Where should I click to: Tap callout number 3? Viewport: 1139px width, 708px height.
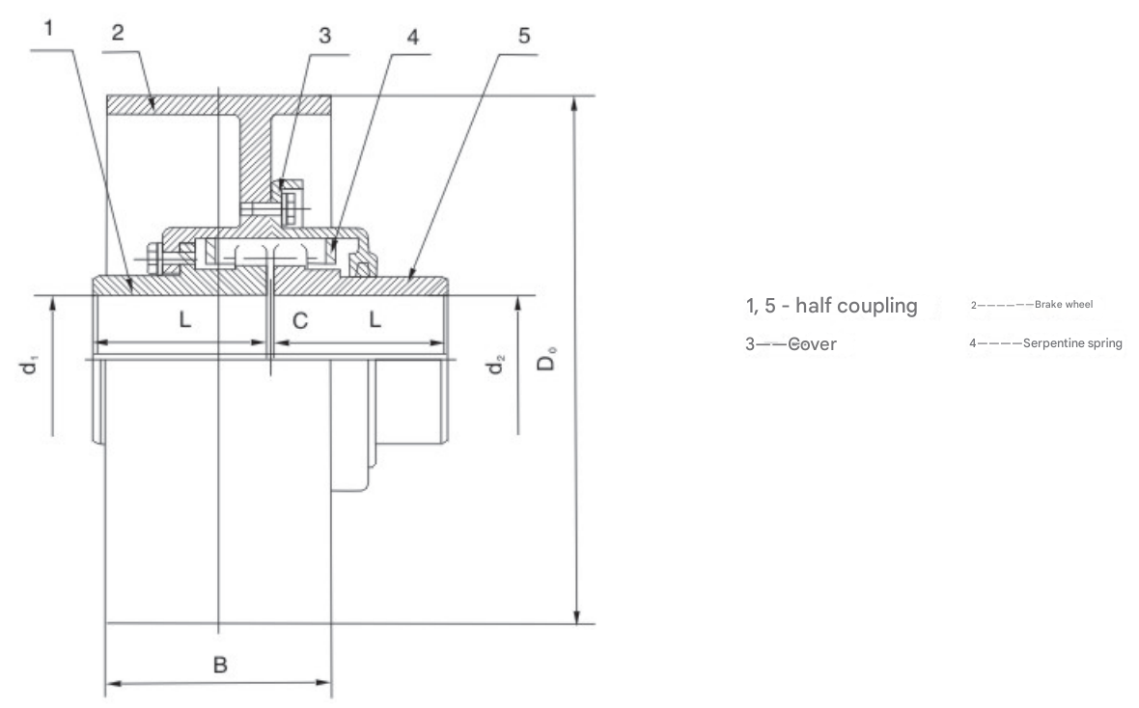(324, 37)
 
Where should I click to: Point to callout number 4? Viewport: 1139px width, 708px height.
(412, 37)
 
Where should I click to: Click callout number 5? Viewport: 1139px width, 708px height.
(524, 37)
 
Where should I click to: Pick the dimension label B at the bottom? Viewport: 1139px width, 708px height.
(220, 665)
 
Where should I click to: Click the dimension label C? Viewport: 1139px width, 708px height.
(300, 320)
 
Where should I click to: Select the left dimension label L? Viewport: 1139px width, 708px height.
(185, 320)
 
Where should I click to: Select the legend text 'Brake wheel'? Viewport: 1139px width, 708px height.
(1063, 305)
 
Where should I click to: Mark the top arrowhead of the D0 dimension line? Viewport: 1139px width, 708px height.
(577, 102)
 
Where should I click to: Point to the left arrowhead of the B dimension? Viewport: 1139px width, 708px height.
(110, 686)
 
